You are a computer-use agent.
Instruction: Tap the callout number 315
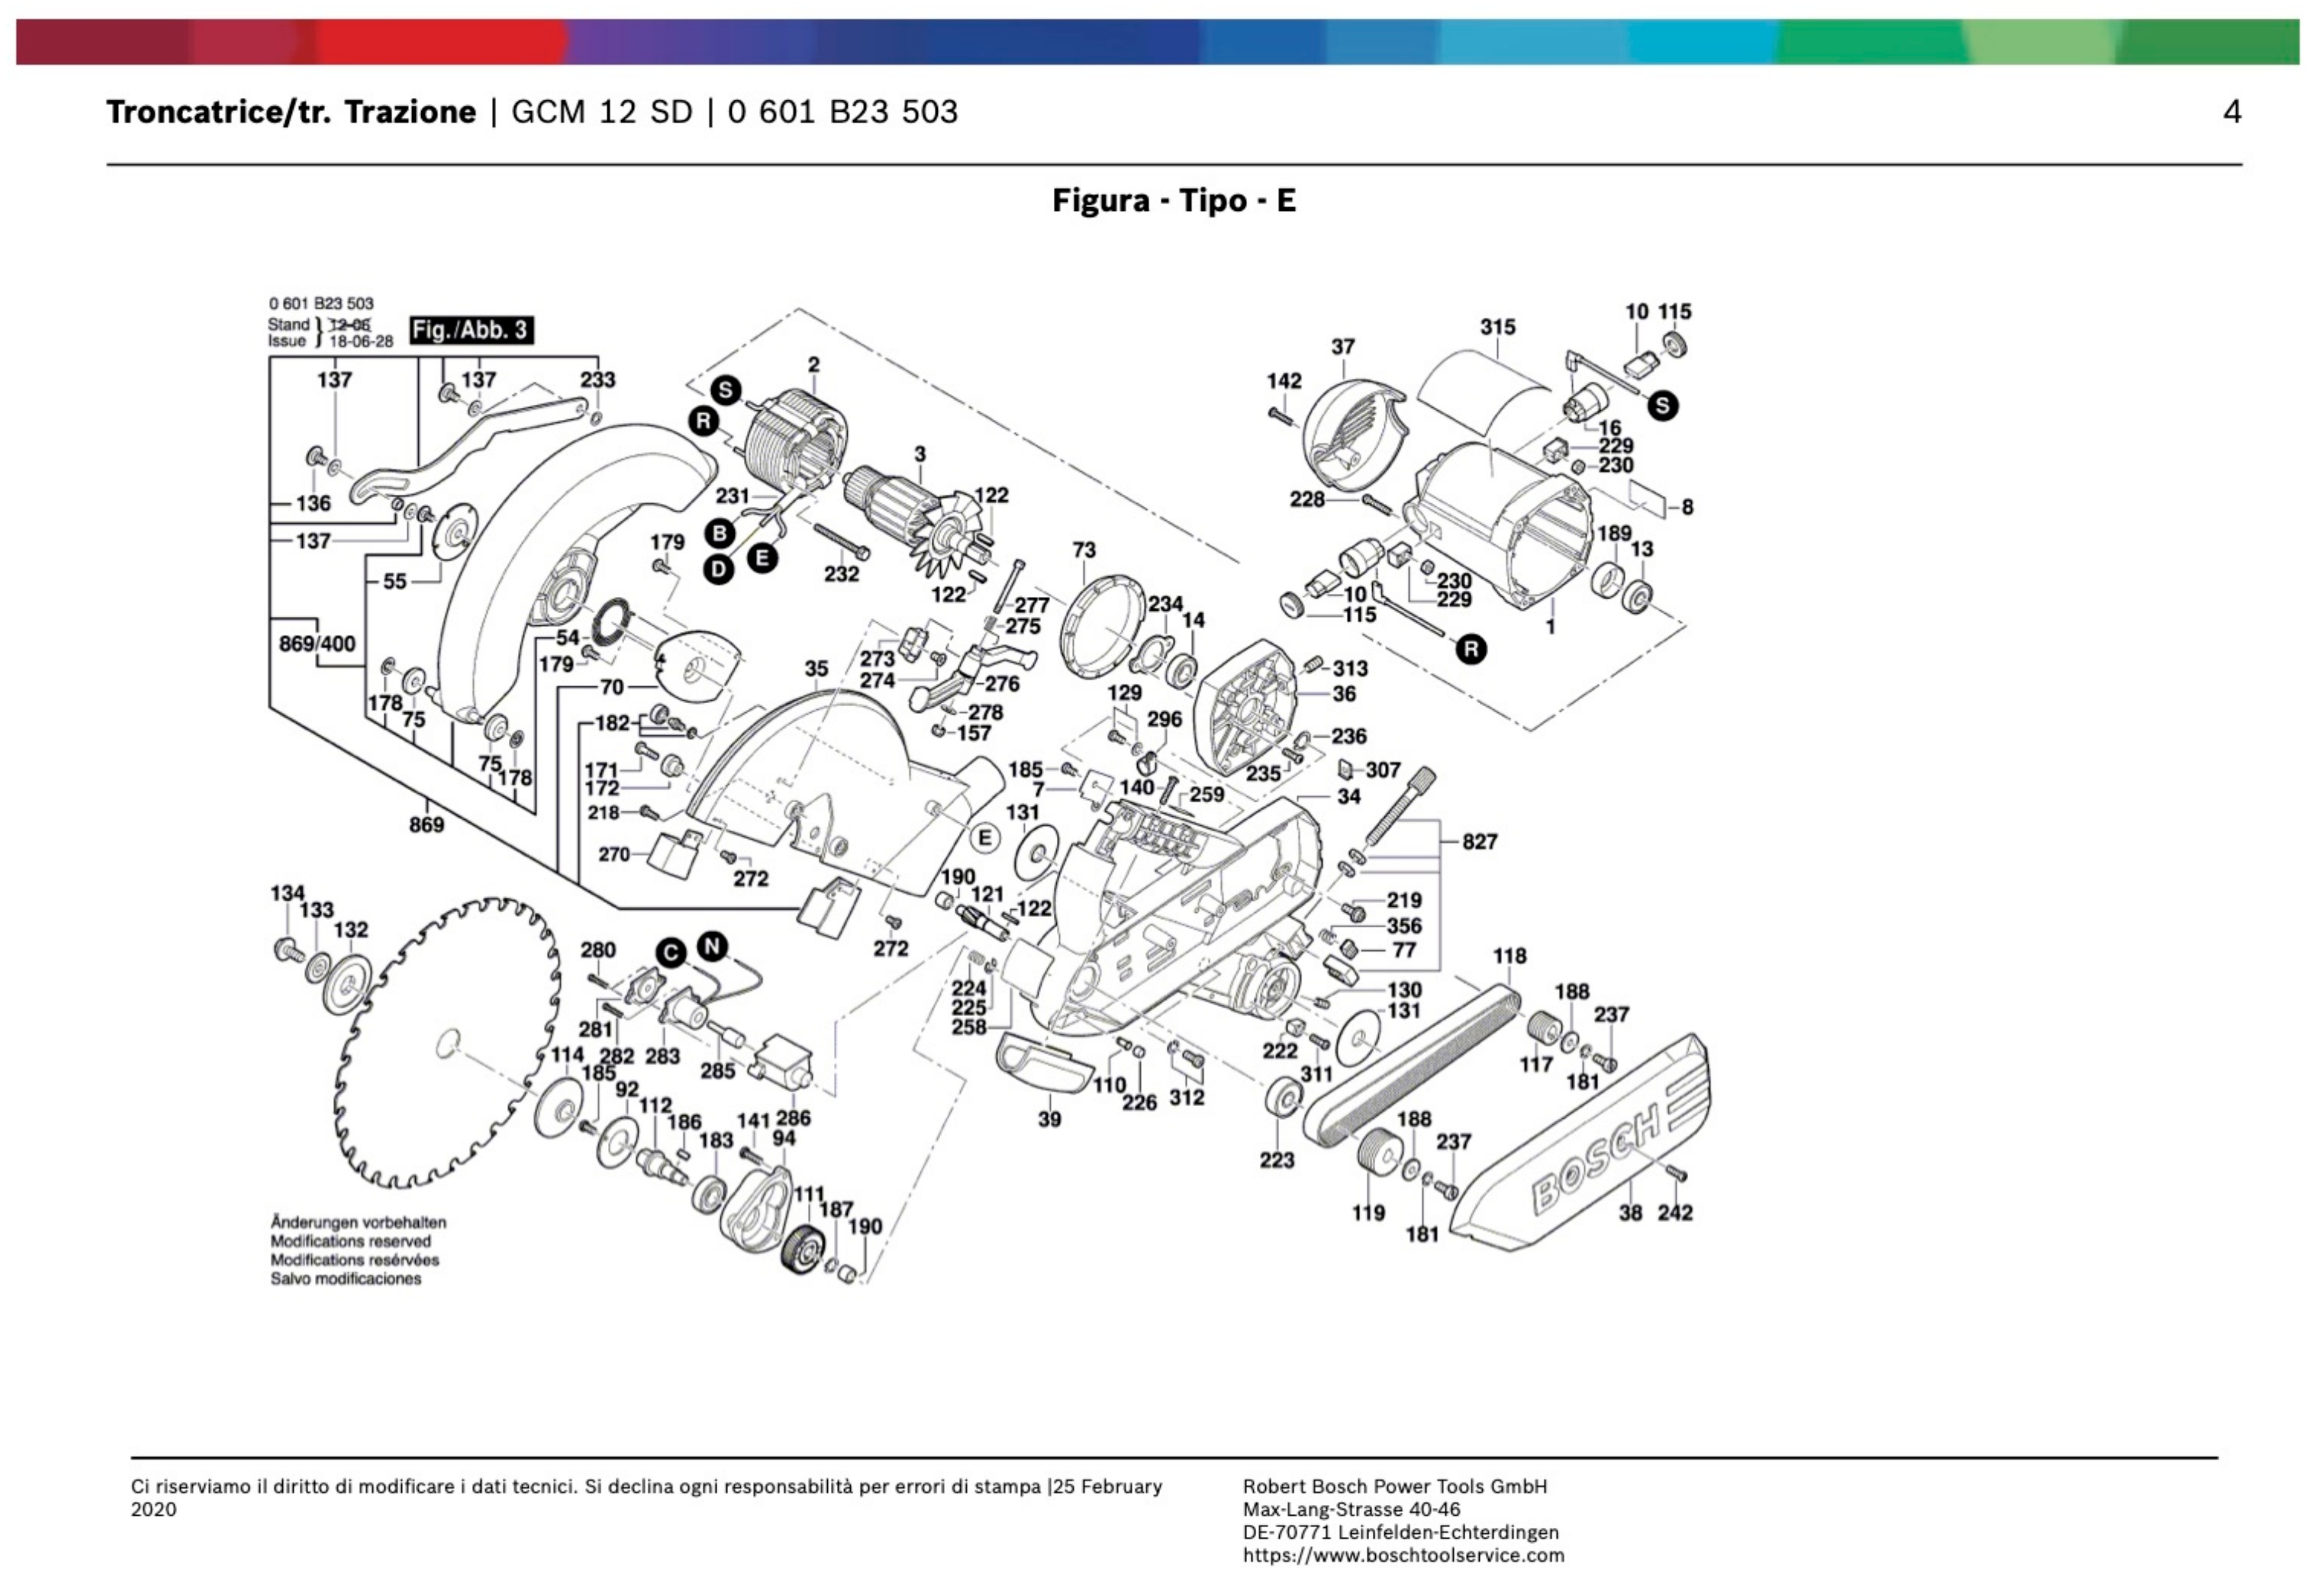pyautogui.click(x=1497, y=327)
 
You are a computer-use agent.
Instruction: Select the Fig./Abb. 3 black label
pyautogui.click(x=472, y=330)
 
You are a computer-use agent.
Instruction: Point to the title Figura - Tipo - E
pyautogui.click(x=1173, y=201)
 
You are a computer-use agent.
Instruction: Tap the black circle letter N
pyautogui.click(x=712, y=946)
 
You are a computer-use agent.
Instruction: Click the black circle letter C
pyautogui.click(x=672, y=954)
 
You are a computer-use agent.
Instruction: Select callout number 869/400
pyautogui.click(x=317, y=643)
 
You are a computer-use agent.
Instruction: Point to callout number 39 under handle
pyautogui.click(x=1050, y=1119)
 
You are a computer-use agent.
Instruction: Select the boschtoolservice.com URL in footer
pyautogui.click(x=1403, y=1555)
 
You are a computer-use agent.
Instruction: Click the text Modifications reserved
pyautogui.click(x=350, y=1241)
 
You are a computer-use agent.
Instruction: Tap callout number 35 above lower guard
pyautogui.click(x=816, y=669)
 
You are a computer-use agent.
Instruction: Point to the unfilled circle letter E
pyautogui.click(x=983, y=838)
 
